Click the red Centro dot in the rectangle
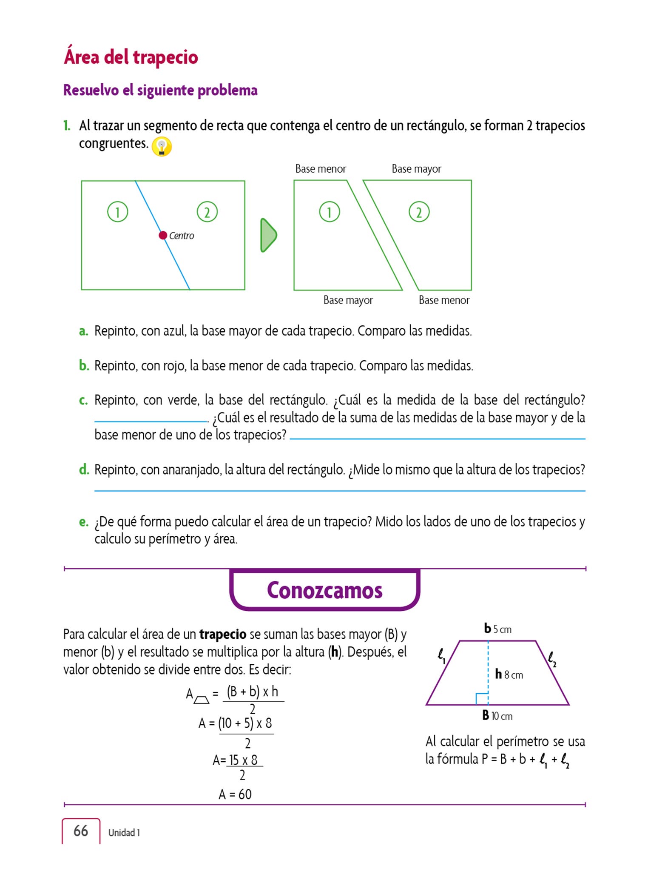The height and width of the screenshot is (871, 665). (x=163, y=235)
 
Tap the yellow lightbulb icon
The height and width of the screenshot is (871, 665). (x=162, y=147)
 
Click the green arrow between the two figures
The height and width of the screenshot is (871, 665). (x=268, y=235)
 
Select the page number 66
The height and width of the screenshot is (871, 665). (x=81, y=831)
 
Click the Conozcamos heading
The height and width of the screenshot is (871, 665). (x=324, y=590)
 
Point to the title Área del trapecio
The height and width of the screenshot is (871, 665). (x=131, y=57)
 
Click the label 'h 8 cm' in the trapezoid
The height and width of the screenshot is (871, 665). (x=509, y=675)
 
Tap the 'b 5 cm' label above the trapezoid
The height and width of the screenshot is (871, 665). (x=497, y=629)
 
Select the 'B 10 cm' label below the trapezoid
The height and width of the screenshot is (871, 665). (x=497, y=716)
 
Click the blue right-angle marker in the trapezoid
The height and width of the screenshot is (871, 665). (x=482, y=699)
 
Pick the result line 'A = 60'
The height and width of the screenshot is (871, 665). (x=235, y=794)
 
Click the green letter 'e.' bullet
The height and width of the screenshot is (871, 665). (x=84, y=522)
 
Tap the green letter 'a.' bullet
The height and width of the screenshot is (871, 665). (x=84, y=331)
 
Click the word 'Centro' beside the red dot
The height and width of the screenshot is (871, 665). (x=182, y=236)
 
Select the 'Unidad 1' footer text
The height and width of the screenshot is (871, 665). (x=124, y=833)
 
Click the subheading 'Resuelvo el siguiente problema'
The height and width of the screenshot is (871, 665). (x=160, y=90)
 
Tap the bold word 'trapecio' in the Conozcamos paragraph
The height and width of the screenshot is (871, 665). (x=223, y=634)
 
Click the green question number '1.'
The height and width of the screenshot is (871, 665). (x=67, y=125)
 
